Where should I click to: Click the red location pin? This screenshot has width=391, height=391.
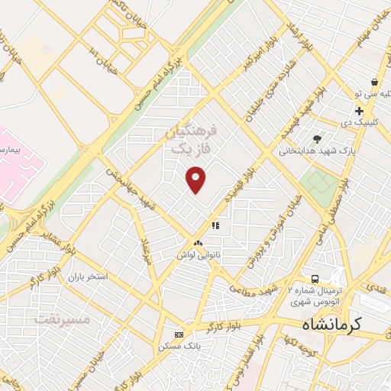196,180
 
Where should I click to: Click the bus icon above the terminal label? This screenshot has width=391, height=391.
315,279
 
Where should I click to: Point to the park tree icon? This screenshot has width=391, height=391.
317,138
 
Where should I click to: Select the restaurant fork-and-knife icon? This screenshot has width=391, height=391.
215,226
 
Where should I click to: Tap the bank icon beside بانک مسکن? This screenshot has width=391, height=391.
179,334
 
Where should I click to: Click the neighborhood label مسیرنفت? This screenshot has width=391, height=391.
63,318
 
